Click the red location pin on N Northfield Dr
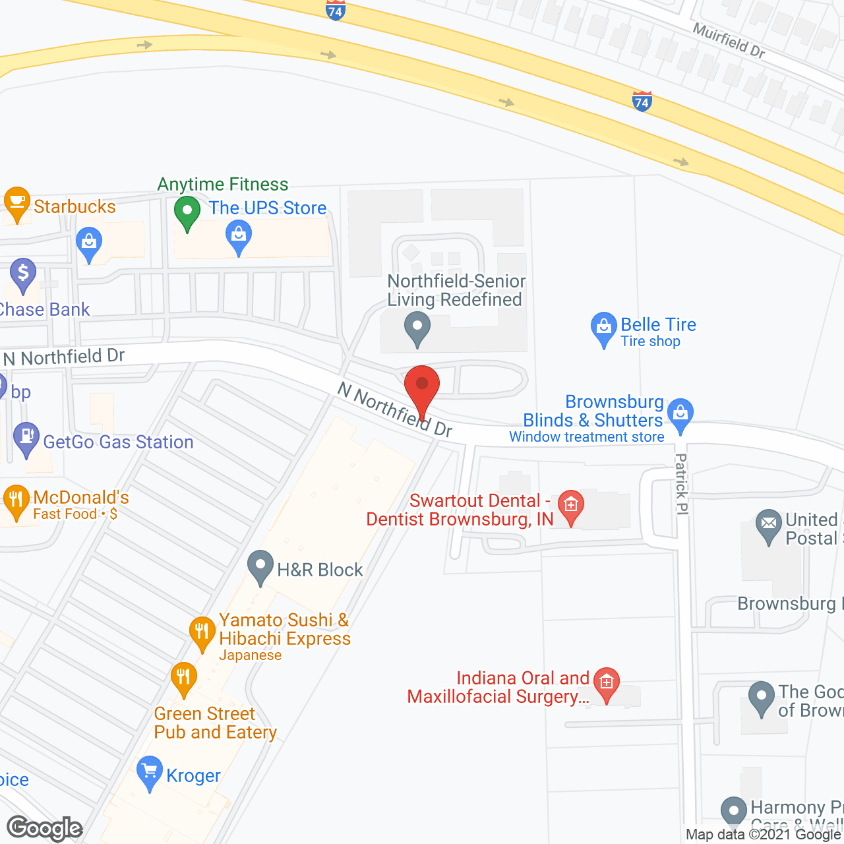[x=421, y=385]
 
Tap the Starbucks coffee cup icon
[x=16, y=203]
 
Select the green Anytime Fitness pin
[x=187, y=212]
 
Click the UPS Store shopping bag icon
[x=239, y=236]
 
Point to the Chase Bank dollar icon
[x=23, y=274]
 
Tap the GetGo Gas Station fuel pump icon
[x=26, y=438]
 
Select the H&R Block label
[x=320, y=570]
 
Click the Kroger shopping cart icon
[x=150, y=771]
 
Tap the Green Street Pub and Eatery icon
[x=183, y=678]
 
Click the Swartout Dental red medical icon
[x=571, y=506]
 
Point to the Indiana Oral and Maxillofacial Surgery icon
[x=607, y=683]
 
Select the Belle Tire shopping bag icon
[x=603, y=328]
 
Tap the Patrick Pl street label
[x=682, y=485]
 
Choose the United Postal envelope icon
[x=769, y=526]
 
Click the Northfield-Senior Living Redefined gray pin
[x=417, y=328]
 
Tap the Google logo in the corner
[x=45, y=828]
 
